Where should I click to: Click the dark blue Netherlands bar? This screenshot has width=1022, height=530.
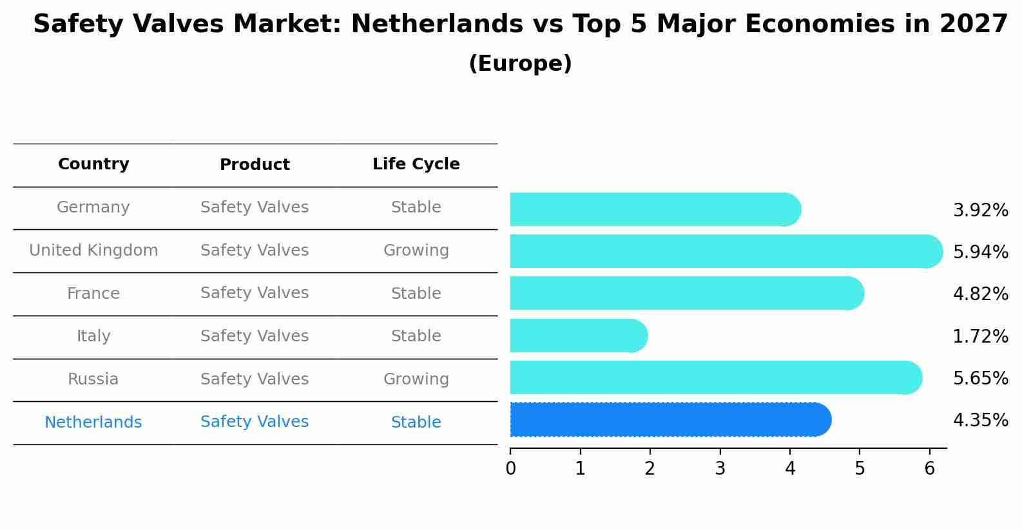[x=670, y=420]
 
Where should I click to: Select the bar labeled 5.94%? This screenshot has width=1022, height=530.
[x=725, y=251]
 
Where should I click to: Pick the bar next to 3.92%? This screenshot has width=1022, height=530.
[x=654, y=209]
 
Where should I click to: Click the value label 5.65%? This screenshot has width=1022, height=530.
[x=980, y=378]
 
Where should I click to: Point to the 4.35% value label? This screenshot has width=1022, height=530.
[x=980, y=421]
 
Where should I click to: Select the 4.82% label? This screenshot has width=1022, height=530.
[x=980, y=294]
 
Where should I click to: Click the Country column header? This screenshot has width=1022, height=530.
[x=93, y=164]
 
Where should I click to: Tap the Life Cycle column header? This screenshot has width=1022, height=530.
[x=416, y=164]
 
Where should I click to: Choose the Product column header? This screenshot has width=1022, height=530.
[x=255, y=165]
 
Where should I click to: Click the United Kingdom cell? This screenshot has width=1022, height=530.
[x=93, y=251]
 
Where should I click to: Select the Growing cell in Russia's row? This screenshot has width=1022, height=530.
[x=416, y=379]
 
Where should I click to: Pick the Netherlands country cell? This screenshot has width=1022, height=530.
[x=93, y=422]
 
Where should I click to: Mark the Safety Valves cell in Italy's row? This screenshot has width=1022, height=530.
[x=255, y=336]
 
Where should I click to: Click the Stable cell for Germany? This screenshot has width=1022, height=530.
[x=416, y=207]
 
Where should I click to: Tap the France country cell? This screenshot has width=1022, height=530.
[x=93, y=294]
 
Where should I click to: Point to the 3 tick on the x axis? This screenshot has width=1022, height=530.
[x=720, y=469]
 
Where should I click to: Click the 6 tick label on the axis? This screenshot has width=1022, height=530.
[x=929, y=469]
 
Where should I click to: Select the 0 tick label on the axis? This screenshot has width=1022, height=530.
[x=510, y=469]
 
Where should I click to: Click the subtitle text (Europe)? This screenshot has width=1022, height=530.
[x=520, y=64]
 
